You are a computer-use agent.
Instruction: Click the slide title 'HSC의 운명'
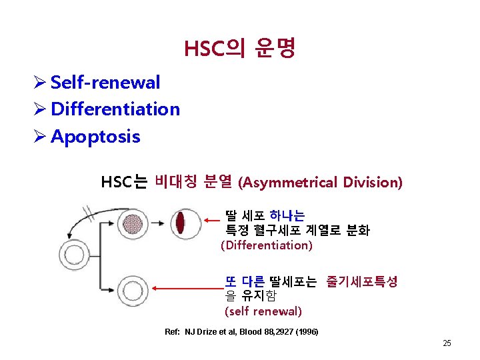click(239, 48)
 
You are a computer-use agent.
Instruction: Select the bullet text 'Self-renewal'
click(105, 83)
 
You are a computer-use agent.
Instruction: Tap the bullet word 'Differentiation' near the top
click(115, 109)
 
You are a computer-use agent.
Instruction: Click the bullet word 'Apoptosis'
click(95, 137)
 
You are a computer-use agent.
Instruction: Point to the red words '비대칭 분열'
click(193, 181)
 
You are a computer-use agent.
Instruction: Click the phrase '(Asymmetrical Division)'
click(320, 182)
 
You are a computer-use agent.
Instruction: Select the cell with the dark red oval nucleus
click(180, 222)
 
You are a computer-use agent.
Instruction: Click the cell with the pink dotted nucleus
click(135, 223)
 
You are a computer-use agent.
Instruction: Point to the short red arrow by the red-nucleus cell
click(211, 219)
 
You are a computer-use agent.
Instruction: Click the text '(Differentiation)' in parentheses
click(266, 245)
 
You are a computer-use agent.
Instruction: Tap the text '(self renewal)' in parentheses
click(263, 311)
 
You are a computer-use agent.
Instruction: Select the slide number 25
click(447, 343)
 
